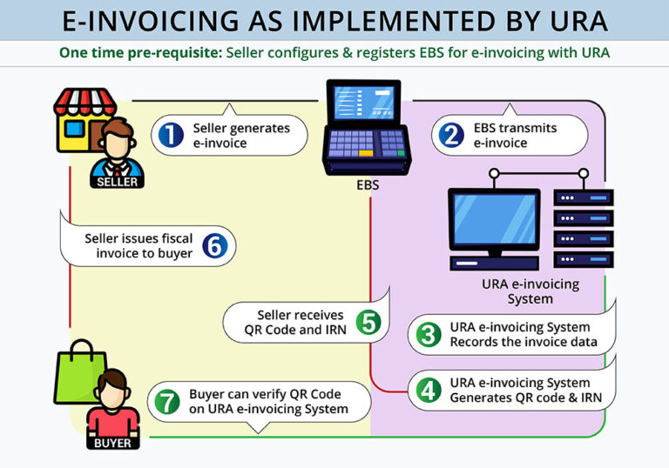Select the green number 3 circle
(429, 334)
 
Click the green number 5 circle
(368, 322)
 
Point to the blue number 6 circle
(214, 245)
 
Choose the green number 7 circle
(168, 401)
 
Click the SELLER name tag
(116, 182)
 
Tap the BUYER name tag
(111, 443)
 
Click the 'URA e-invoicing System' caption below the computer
(530, 291)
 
